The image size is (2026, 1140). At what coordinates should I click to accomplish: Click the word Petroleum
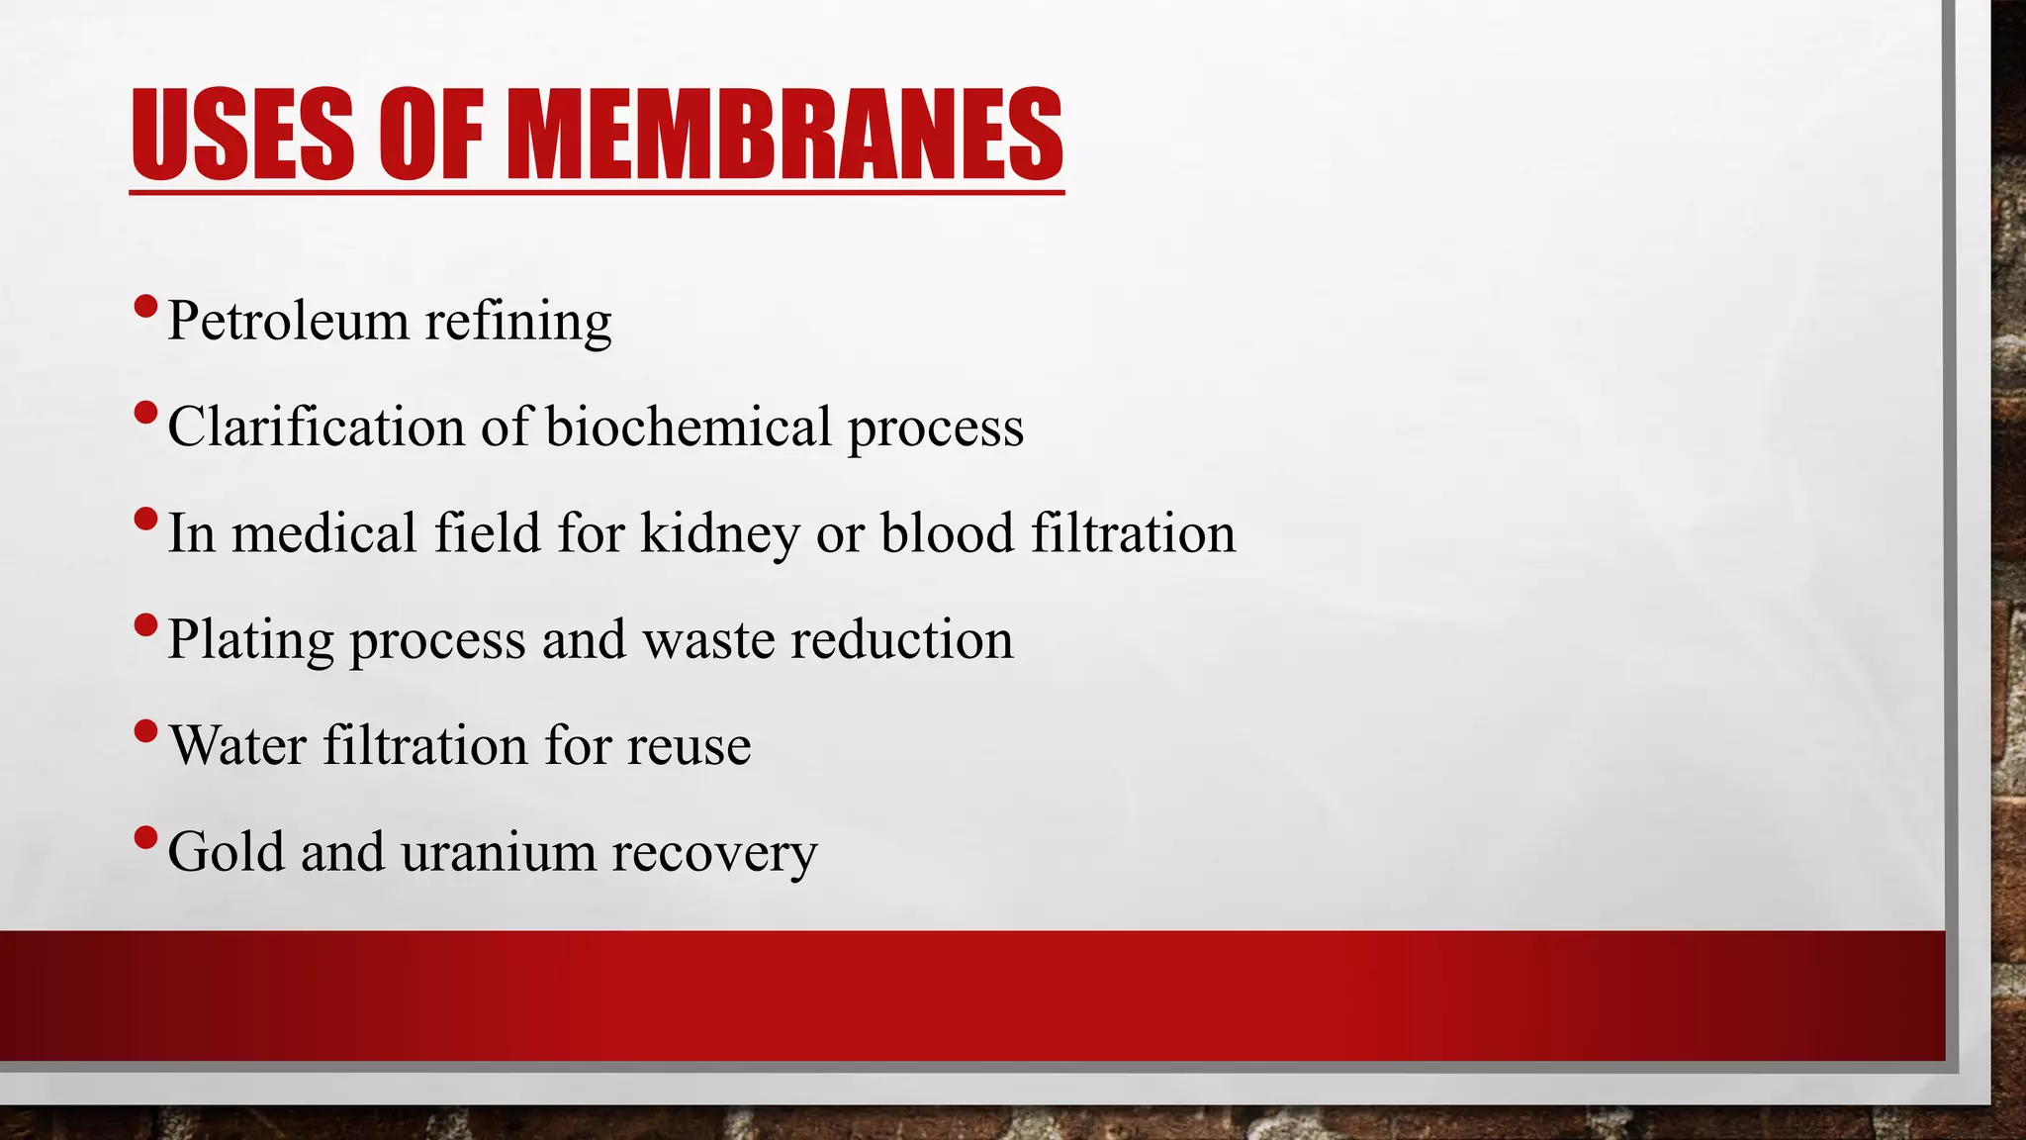click(288, 321)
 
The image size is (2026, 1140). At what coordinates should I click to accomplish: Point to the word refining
click(518, 323)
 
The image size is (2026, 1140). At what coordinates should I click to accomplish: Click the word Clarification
click(316, 427)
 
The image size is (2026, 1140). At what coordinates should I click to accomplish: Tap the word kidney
click(720, 534)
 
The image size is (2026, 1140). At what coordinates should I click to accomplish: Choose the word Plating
click(251, 640)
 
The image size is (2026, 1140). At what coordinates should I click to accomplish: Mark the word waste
click(708, 640)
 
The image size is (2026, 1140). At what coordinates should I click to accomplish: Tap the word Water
click(237, 745)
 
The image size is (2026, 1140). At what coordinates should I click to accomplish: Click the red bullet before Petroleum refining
click(144, 307)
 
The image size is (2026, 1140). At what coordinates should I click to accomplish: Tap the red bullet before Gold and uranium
click(144, 837)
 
